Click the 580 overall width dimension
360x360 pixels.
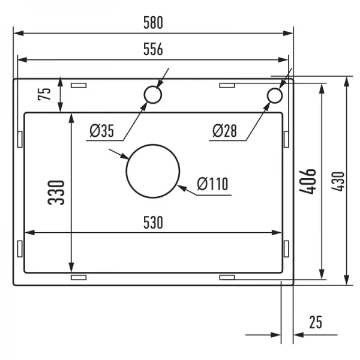[152, 23]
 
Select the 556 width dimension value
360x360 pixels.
[152, 50]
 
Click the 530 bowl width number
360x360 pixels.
[152, 223]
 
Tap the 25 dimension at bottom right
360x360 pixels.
[315, 322]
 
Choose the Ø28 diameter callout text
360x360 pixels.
[226, 130]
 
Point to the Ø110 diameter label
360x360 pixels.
[212, 184]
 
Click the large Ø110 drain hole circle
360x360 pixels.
[152, 170]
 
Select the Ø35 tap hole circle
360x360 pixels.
[152, 95]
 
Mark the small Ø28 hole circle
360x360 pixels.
[274, 95]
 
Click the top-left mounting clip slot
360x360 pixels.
[79, 86]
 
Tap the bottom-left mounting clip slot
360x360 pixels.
[79, 278]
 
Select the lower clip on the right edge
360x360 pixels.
[286, 248]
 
